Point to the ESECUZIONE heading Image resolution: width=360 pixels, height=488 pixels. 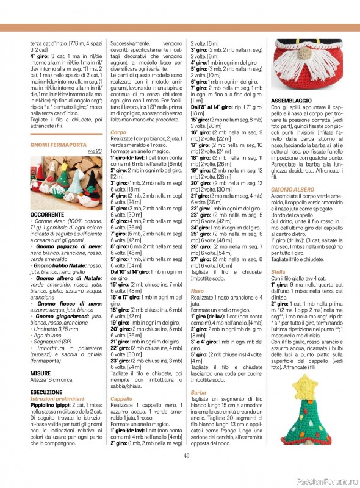tap(46, 392)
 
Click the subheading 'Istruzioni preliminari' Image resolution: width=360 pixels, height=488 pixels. tap(58, 398)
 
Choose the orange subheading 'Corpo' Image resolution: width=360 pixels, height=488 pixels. tap(118, 132)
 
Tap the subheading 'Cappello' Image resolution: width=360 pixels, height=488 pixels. tap(122, 398)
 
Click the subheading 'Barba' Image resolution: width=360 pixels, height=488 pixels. tap(198, 392)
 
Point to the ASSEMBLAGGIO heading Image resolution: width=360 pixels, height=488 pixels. tap(292, 99)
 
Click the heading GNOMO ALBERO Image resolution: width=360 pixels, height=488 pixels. tap(292, 190)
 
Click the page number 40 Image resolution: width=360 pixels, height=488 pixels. tap(186, 454)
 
